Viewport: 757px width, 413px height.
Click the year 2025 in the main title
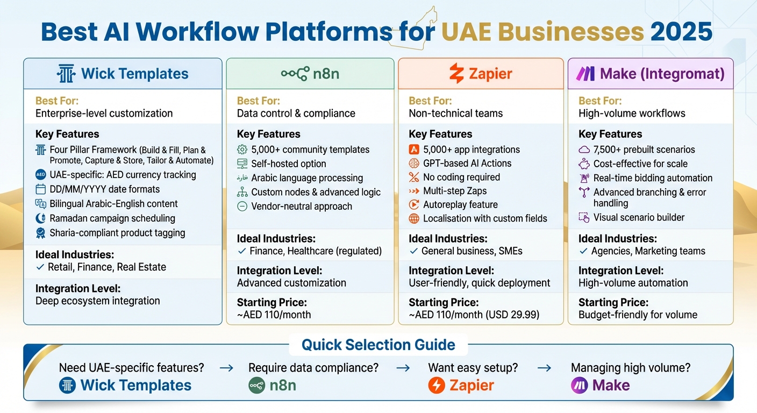point(681,32)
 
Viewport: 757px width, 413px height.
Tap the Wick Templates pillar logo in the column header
point(66,74)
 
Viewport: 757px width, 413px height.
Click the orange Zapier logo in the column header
point(456,74)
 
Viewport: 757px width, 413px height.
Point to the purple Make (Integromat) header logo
point(585,74)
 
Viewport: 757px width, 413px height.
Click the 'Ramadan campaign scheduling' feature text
point(112,218)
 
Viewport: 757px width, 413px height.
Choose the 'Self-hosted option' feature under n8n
point(288,164)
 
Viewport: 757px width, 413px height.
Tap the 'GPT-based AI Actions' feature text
point(467,163)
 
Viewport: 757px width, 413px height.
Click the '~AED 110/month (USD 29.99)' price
point(474,315)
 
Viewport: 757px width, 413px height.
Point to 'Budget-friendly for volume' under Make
point(638,315)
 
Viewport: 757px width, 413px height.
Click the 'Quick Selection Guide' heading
point(378,345)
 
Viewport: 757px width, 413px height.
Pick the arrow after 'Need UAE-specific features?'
point(226,368)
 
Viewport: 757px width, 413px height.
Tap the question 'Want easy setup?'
point(473,368)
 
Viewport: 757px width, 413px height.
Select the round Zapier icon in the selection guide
point(437,386)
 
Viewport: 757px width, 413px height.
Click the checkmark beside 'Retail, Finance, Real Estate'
point(40,267)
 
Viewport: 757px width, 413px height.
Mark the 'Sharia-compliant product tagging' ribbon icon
point(41,233)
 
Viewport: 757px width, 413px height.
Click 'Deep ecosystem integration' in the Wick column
point(97,301)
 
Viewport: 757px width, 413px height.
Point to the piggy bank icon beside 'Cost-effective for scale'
point(584,164)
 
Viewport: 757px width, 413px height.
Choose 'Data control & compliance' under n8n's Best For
point(296,113)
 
